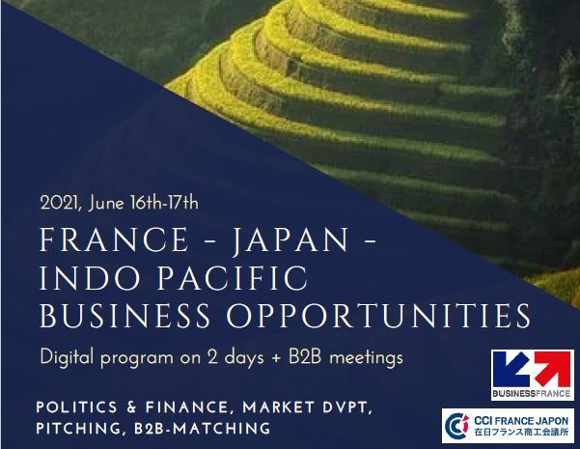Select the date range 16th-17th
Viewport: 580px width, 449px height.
click(165, 204)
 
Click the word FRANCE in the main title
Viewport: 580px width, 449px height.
click(114, 239)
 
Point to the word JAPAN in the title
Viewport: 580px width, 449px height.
click(290, 240)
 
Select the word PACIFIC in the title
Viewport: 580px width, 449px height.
click(233, 277)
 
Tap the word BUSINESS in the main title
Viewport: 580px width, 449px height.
click(125, 316)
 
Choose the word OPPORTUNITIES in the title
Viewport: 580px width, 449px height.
click(378, 316)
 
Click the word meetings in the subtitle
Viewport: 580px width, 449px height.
click(366, 358)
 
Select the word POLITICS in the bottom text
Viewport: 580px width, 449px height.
click(76, 407)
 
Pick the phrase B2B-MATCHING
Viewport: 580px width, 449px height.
click(202, 429)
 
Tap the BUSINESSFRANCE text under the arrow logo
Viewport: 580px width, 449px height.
click(531, 393)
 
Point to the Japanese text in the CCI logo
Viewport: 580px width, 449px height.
click(521, 432)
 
